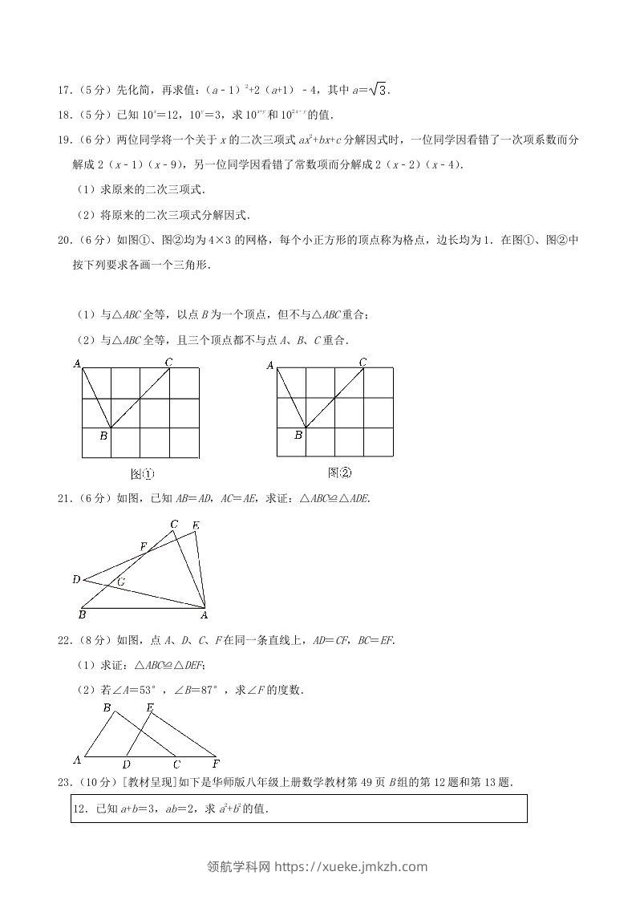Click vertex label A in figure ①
[x=78, y=363]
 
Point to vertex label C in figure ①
[x=168, y=363]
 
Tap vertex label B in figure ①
[x=103, y=436]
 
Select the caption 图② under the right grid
[x=339, y=472]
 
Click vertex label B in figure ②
[x=298, y=436]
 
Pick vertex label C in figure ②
[x=363, y=363]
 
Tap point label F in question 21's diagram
[x=143, y=546]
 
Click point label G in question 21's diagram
[x=121, y=582]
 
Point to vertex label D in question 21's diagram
[x=75, y=579]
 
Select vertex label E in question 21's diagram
[x=196, y=526]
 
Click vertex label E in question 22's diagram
[x=150, y=707]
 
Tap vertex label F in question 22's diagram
[x=216, y=764]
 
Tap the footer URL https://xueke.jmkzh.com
[x=350, y=866]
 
